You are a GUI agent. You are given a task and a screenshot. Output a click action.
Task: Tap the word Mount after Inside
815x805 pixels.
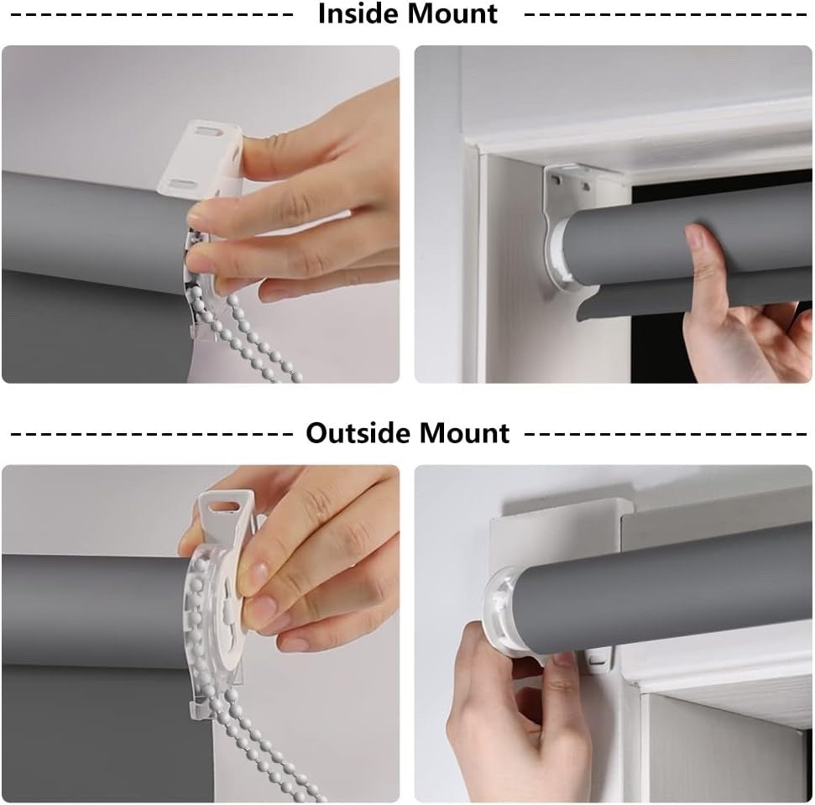click(x=454, y=13)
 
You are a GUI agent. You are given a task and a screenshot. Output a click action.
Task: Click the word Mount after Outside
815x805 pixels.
click(x=466, y=432)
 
